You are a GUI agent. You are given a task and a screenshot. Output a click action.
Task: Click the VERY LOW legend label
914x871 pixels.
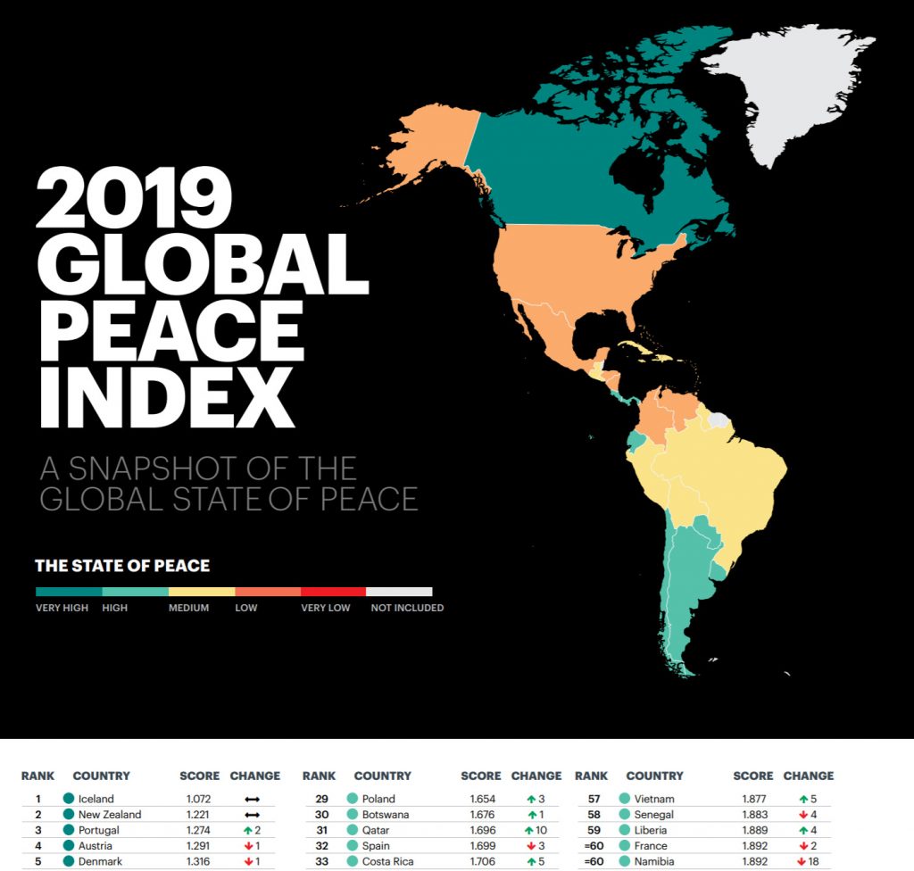327,608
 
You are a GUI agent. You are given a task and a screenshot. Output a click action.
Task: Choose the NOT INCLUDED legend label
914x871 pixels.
407,608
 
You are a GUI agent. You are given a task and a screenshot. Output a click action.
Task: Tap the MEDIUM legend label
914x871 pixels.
189,608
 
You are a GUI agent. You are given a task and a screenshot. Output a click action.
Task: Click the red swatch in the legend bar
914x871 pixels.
333,591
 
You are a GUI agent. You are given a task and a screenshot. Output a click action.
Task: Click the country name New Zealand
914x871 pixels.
109,815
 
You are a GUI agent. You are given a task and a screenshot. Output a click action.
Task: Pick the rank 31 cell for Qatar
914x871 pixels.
321,830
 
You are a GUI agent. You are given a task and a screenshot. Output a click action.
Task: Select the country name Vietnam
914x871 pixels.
654,799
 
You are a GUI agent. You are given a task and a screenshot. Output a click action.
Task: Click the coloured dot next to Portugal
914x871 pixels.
69,830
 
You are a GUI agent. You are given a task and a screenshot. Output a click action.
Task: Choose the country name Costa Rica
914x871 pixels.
387,861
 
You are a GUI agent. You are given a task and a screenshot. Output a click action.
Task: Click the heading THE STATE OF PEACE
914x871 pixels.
122,566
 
